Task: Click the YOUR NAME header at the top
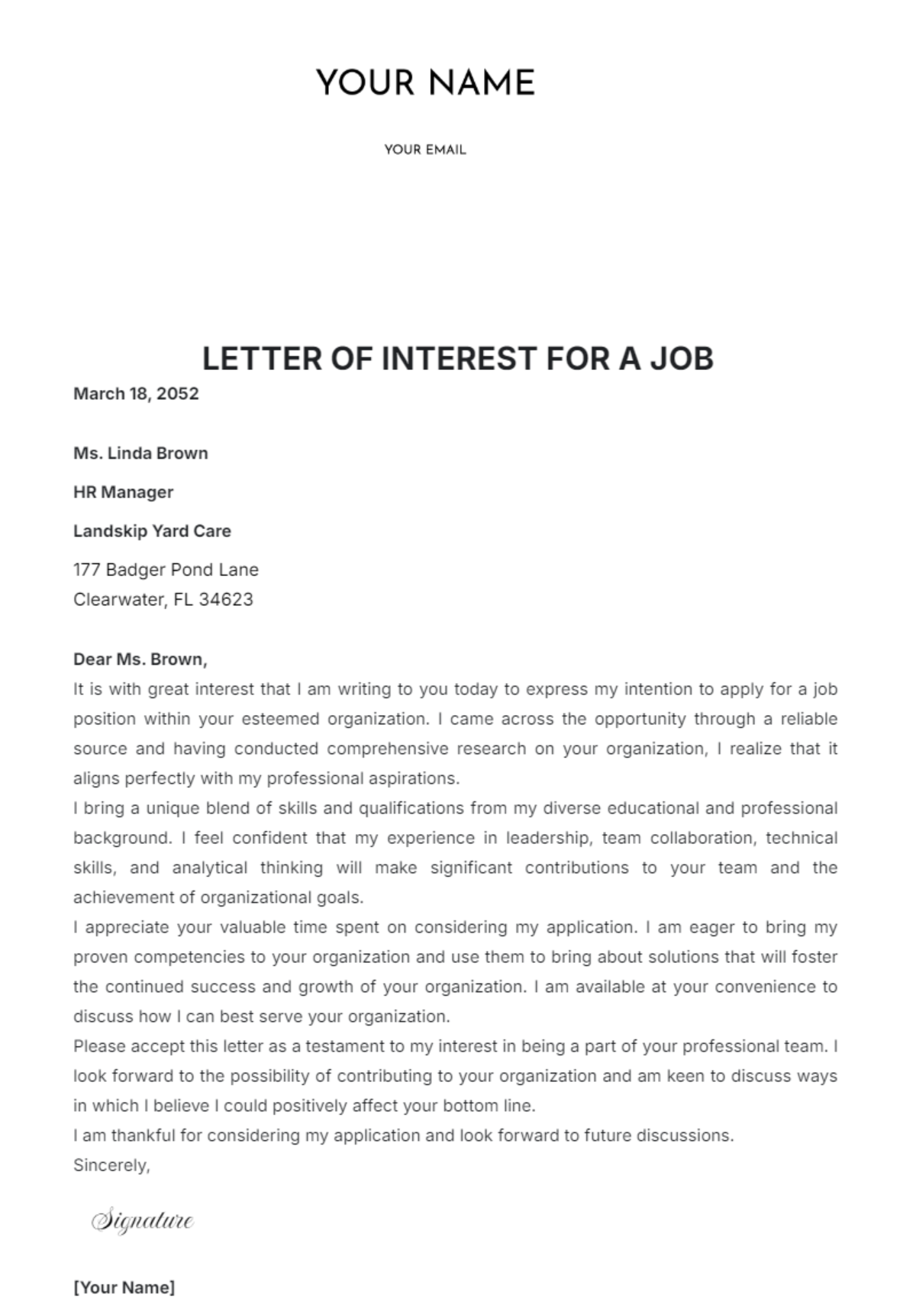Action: [425, 82]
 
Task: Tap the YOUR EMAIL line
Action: [425, 150]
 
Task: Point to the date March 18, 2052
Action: [136, 394]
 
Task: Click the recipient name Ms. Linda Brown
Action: [140, 453]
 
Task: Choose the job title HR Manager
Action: [123, 492]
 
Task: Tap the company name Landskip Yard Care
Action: [152, 531]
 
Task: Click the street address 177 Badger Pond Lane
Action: [166, 570]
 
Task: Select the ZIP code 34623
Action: [226, 600]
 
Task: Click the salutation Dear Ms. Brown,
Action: [140, 659]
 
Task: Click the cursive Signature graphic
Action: [143, 1221]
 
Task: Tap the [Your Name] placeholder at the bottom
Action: [124, 1287]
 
